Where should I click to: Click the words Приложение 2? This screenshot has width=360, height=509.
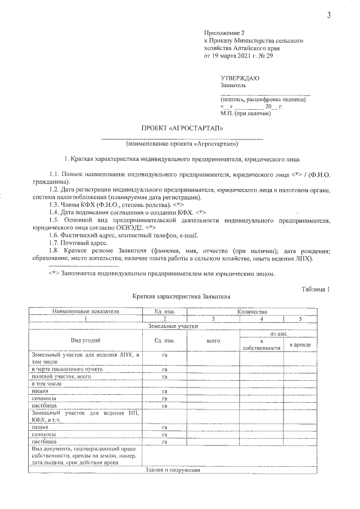click(x=224, y=34)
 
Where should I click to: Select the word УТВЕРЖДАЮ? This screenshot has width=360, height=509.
click(x=240, y=78)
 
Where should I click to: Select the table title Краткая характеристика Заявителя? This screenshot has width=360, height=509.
click(x=182, y=296)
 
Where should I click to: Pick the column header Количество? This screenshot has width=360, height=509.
click(x=251, y=311)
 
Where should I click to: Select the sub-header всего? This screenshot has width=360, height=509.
click(x=213, y=341)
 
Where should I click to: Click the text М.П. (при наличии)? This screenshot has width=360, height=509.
click(x=246, y=112)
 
